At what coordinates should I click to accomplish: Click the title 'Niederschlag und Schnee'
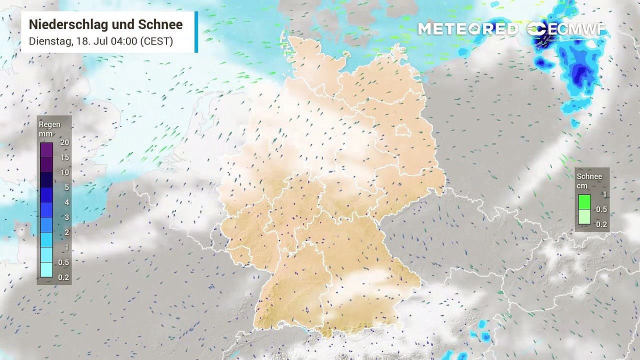click(x=105, y=24)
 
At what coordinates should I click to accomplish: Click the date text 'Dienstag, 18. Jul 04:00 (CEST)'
click(x=100, y=41)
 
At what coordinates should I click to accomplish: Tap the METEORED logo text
click(x=468, y=29)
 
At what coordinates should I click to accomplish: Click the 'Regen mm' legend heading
click(x=49, y=129)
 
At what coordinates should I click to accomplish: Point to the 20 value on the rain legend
click(x=64, y=142)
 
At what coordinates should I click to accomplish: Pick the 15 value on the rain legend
click(x=64, y=157)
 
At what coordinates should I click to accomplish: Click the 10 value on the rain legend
click(x=64, y=172)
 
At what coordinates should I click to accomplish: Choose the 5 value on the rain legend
click(x=66, y=187)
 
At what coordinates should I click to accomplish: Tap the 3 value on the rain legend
click(x=66, y=217)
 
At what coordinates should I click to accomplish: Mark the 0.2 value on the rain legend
click(x=63, y=277)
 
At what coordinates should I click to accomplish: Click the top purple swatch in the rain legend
click(x=46, y=150)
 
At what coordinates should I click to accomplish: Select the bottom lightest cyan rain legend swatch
click(x=46, y=270)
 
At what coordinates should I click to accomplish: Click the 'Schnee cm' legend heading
click(x=589, y=181)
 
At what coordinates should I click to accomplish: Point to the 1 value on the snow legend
click(x=604, y=194)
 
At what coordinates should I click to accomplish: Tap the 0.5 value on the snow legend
click(x=601, y=209)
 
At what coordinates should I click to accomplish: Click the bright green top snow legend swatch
click(x=584, y=202)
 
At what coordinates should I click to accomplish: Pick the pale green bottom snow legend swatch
click(x=584, y=217)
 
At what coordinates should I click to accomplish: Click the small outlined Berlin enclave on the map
click(x=403, y=131)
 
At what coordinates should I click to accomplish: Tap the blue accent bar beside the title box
click(x=196, y=32)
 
